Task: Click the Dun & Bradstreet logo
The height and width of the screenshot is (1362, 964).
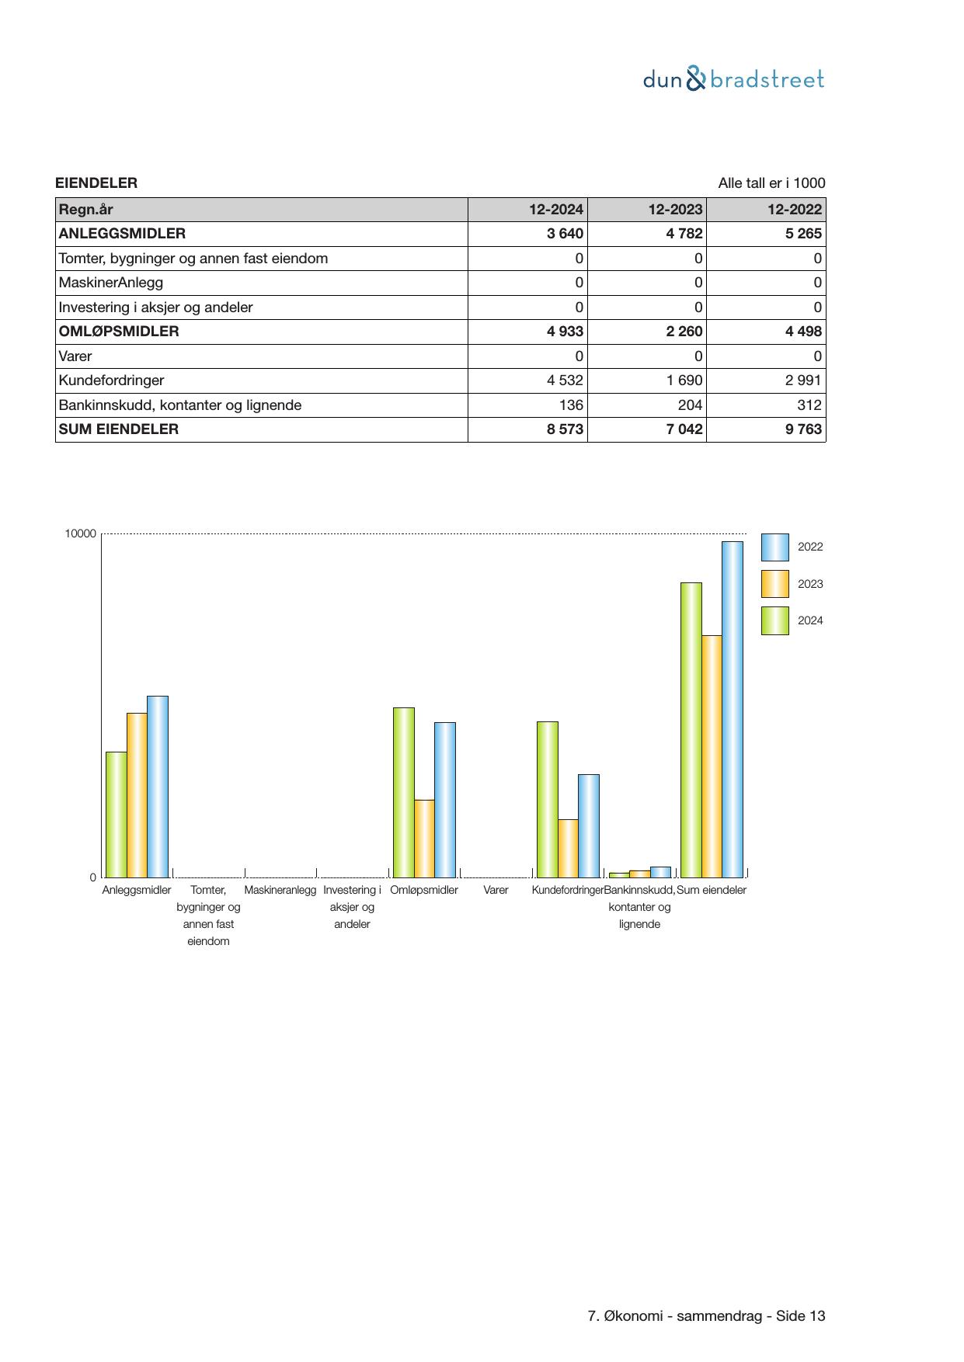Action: coord(733,79)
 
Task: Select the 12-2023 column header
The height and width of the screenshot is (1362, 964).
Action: coord(675,210)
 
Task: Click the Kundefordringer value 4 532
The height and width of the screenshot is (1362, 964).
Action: coord(564,380)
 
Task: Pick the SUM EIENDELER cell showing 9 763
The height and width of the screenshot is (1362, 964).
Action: coord(802,429)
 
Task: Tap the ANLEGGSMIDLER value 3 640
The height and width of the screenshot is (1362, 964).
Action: coord(565,234)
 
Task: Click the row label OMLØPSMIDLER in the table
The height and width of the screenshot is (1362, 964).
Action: coord(119,332)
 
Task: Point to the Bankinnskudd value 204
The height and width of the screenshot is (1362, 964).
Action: coord(690,405)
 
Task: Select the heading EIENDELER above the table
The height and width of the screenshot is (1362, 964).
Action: coord(96,183)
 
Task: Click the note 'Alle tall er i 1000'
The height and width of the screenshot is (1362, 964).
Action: coord(771,183)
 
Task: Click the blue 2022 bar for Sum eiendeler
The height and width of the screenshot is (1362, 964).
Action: coord(732,709)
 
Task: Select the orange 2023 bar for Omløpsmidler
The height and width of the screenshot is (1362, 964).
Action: coord(424,838)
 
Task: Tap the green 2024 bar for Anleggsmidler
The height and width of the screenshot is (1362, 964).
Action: coord(117,814)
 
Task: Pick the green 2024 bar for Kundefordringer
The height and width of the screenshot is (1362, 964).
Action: coord(548,799)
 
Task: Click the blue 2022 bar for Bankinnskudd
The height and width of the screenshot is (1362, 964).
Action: coord(660,872)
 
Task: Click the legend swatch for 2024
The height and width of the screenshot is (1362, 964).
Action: coord(774,620)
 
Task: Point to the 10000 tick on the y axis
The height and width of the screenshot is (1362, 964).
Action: coord(81,533)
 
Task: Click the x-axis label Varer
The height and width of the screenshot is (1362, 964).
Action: coord(496,890)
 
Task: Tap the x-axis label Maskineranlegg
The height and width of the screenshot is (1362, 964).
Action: coord(280,890)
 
